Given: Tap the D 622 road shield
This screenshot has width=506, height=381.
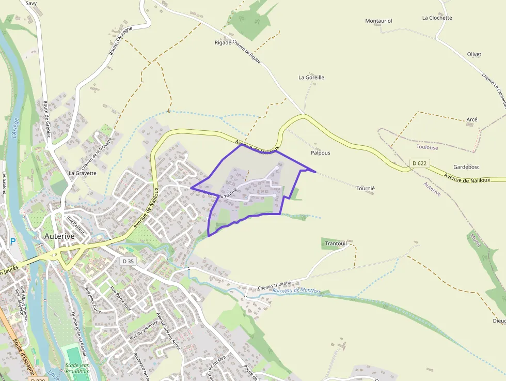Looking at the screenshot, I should point(420,163).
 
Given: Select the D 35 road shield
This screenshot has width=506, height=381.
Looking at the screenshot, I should point(128,262).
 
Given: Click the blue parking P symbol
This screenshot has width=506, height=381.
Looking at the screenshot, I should point(12,241).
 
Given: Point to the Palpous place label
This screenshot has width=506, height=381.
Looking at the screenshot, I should point(320,153).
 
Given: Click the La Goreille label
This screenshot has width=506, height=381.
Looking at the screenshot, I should point(311,78).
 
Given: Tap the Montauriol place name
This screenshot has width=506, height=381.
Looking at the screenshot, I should point(379,21).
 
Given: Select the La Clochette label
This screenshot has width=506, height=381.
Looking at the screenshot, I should point(437,18).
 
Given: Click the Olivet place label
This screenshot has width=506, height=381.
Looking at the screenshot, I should point(474,54).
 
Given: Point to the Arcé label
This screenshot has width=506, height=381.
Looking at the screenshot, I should point(472,119).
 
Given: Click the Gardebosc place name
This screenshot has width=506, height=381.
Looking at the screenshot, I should point(466,167).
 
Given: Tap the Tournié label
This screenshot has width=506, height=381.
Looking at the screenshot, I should point(366,189).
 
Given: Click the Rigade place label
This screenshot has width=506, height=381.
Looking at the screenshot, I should point(223,43).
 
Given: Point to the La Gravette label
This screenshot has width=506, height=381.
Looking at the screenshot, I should point(83,173).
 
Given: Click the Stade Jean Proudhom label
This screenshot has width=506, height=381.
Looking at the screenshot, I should point(78,368).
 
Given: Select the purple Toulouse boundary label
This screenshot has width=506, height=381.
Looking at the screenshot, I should point(427,147).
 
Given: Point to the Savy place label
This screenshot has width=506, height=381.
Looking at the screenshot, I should point(31,3).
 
